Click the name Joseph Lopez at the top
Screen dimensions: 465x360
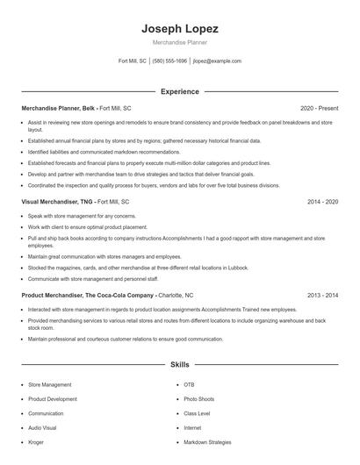(x=179, y=29)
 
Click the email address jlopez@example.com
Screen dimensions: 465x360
(x=217, y=61)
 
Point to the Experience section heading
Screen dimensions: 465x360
(x=179, y=91)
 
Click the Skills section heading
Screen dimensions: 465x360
(x=179, y=364)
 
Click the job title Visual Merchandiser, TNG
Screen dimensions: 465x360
(x=56, y=202)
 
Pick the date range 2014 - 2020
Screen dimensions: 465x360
(x=322, y=202)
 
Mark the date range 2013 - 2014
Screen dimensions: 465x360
(x=322, y=296)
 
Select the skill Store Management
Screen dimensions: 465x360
(x=49, y=384)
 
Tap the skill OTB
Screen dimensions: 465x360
(x=189, y=384)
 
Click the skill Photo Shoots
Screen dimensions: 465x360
(x=198, y=399)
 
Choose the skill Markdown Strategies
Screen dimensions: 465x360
(x=207, y=442)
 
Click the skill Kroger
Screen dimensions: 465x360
(x=36, y=442)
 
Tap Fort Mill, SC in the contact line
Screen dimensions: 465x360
(x=133, y=61)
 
